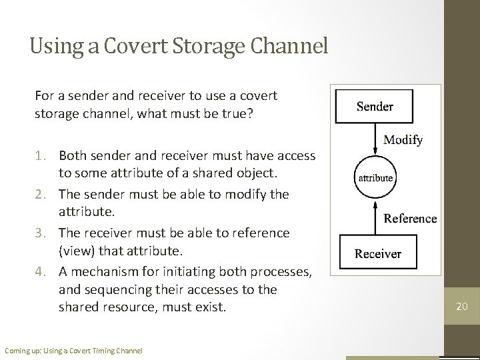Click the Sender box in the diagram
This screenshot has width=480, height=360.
click(375, 107)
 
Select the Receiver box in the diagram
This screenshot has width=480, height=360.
click(377, 253)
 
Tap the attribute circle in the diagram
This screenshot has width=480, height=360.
click(376, 178)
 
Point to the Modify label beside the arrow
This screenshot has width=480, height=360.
click(403, 140)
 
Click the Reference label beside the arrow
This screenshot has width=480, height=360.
click(410, 219)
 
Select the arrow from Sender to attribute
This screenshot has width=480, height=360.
click(375, 139)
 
